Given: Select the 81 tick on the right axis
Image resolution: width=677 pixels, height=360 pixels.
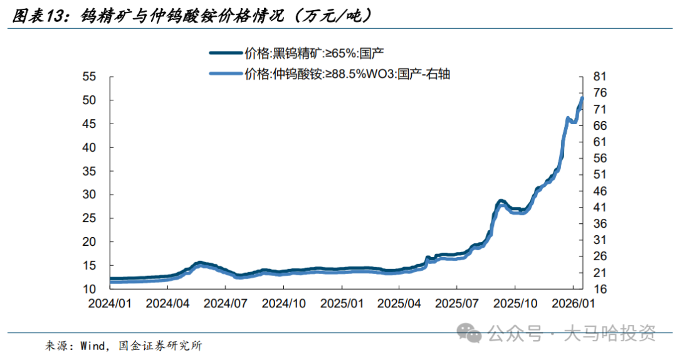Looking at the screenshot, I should click(600, 77).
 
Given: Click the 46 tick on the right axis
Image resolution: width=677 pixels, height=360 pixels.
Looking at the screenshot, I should click(600, 191).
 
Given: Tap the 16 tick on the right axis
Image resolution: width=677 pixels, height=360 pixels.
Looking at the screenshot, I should click(600, 289).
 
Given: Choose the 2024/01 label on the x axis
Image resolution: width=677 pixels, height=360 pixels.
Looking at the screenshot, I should click(110, 303).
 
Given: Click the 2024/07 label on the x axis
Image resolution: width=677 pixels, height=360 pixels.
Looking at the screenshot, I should click(226, 303).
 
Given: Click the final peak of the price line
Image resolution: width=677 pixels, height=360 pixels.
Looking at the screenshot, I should click(582, 98).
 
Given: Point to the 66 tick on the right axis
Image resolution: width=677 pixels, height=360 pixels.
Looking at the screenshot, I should click(600, 125).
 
